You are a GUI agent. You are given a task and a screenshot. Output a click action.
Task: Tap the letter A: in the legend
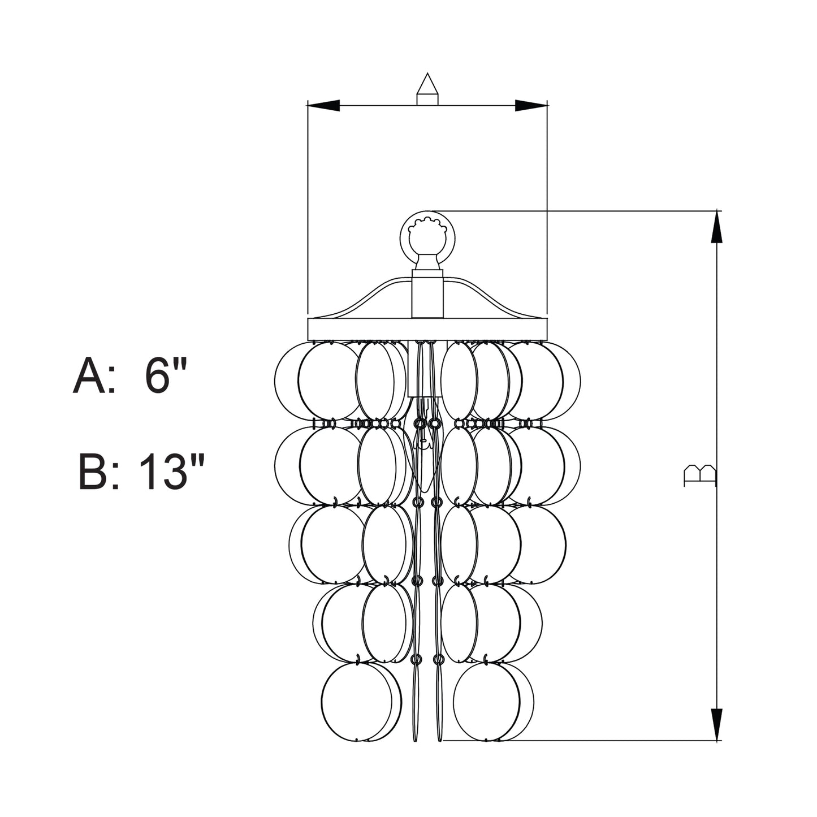(94, 375)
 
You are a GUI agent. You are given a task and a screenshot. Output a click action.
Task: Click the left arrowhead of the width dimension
(323, 106)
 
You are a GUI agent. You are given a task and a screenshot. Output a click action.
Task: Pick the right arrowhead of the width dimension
(531, 106)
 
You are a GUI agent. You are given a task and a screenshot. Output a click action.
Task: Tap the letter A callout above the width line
(427, 89)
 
